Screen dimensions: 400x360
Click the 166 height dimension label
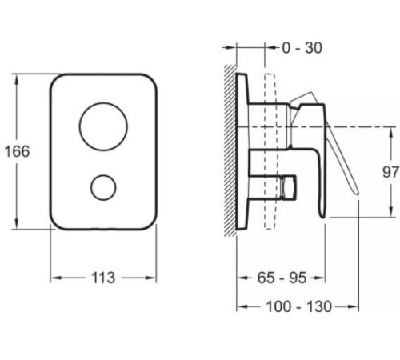tap(18, 151)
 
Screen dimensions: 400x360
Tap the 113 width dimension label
tap(103, 278)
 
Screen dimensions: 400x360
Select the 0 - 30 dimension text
tap(302, 48)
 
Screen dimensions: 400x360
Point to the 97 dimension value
tap(390, 172)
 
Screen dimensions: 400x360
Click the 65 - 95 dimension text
tap(282, 278)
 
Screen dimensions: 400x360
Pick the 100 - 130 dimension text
tap(299, 306)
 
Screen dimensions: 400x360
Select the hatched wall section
tap(230, 150)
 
